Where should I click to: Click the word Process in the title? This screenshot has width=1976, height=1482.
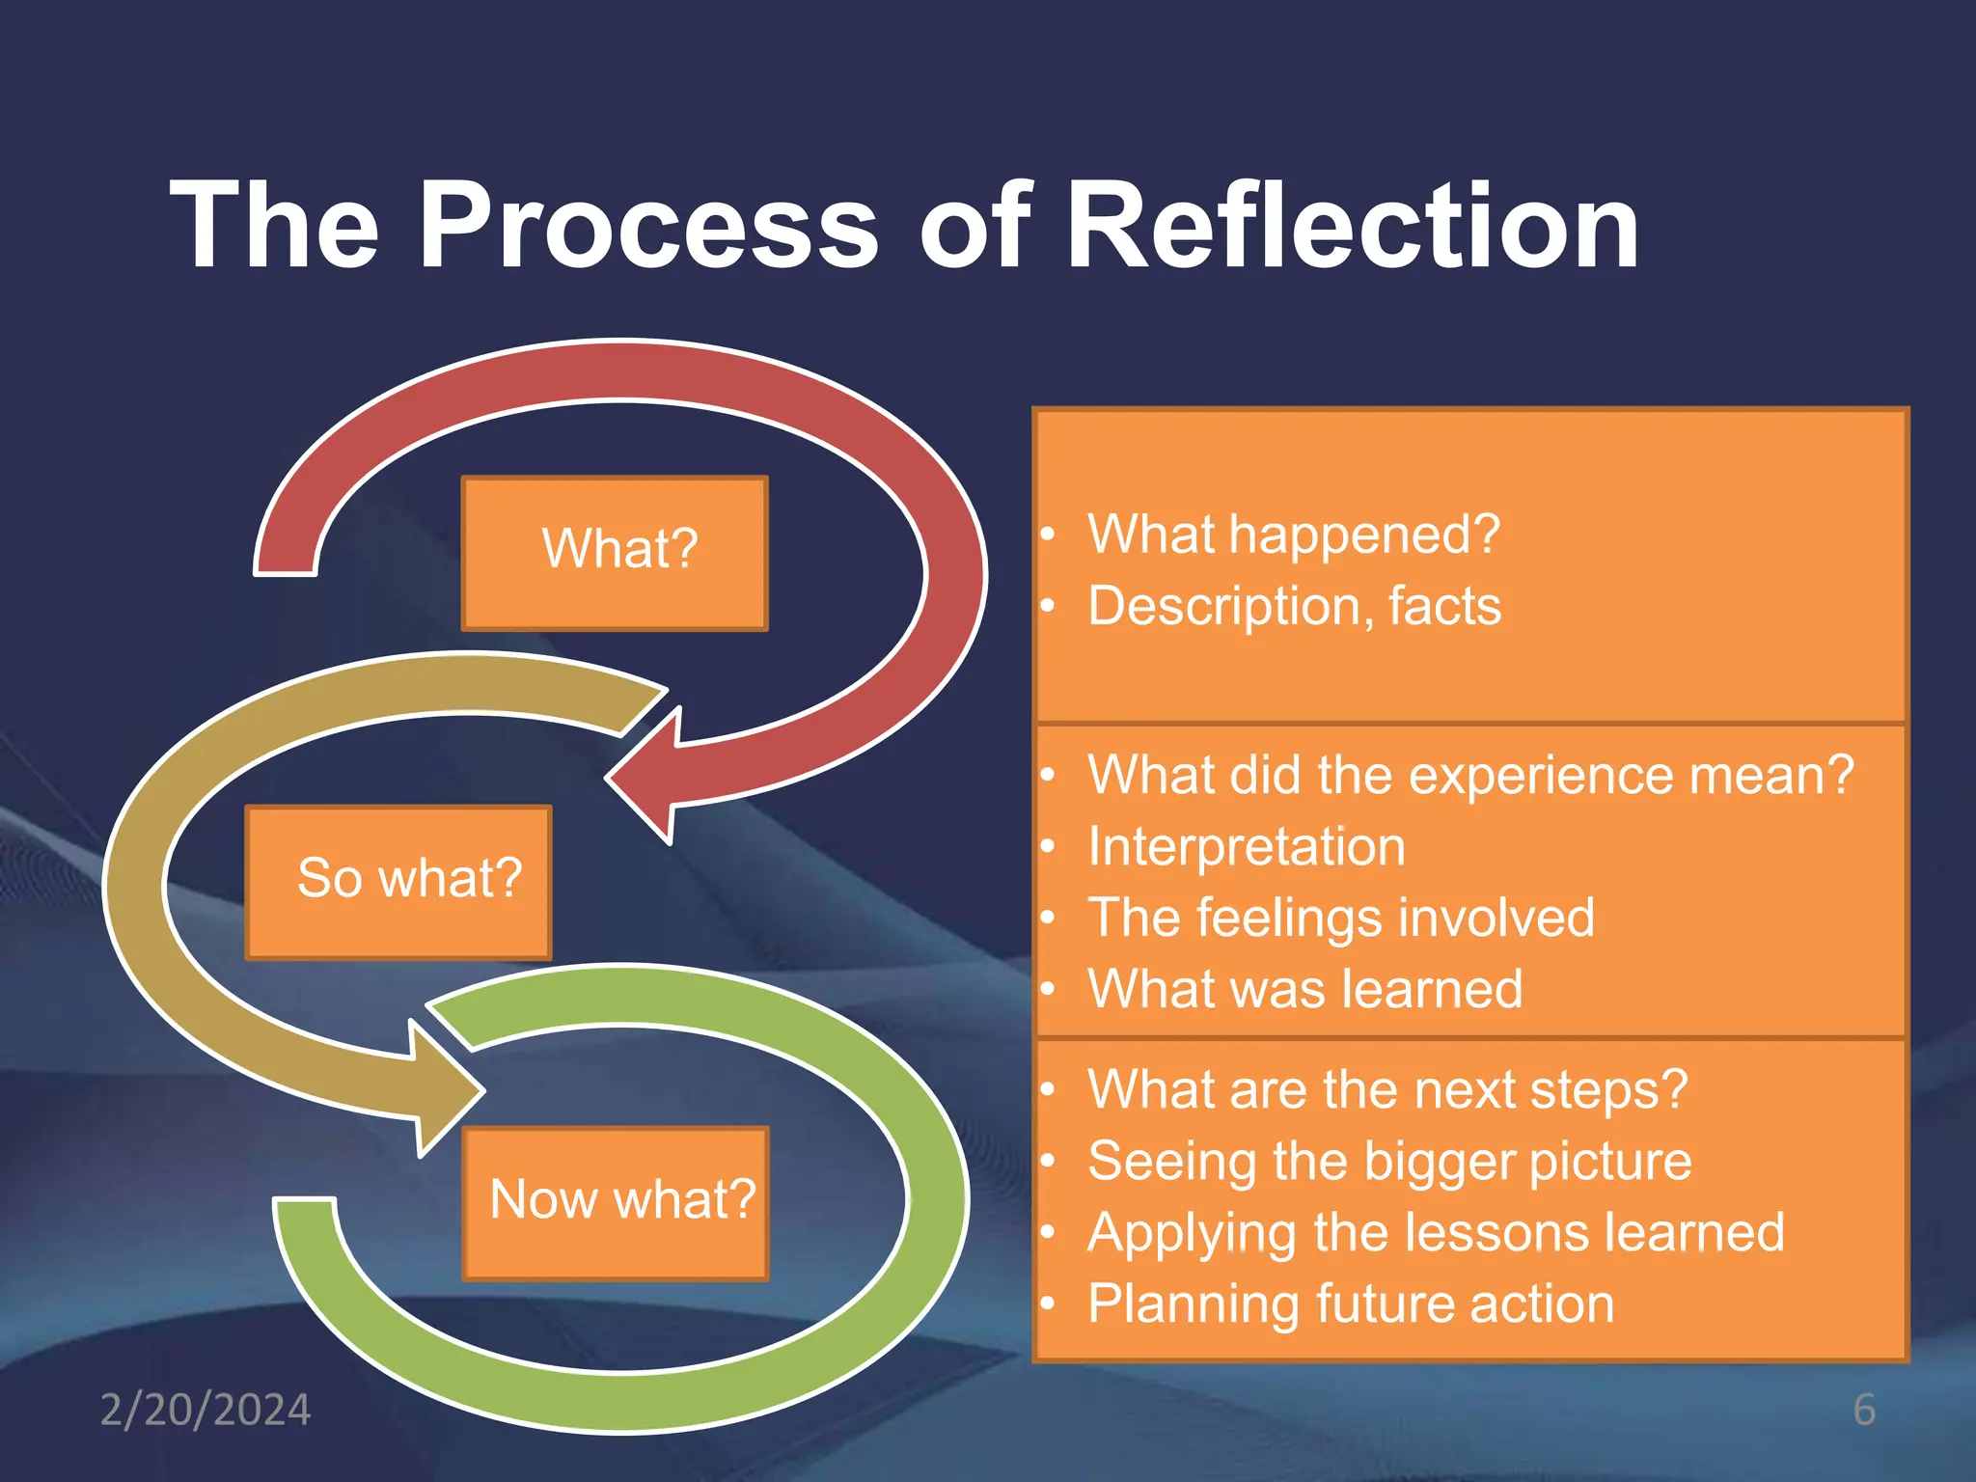pos(648,227)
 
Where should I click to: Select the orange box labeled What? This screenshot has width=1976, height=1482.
pos(615,553)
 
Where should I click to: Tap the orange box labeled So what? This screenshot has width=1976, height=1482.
pos(398,881)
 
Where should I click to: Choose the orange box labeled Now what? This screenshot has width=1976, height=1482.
pos(616,1202)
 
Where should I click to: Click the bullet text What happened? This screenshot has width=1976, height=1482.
pos(1293,534)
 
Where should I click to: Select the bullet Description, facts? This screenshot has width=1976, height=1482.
pos(1293,606)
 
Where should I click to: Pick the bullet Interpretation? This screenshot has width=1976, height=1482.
pos(1246,847)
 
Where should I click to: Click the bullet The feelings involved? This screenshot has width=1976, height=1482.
pos(1341,918)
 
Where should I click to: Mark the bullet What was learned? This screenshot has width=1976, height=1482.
pos(1304,989)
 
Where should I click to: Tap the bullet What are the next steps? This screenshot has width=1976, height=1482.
pos(1386,1089)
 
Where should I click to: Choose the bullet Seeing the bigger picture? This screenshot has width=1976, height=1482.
pos(1389,1161)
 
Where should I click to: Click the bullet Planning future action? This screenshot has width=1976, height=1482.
pos(1351,1304)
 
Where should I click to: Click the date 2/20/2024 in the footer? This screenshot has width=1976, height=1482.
pos(206,1410)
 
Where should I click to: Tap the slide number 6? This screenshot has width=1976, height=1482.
pos(1864,1410)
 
